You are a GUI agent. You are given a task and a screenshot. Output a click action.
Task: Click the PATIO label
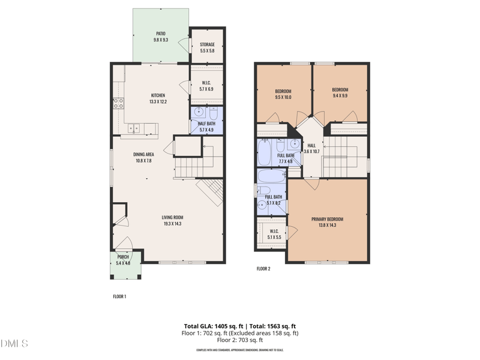click(160, 34)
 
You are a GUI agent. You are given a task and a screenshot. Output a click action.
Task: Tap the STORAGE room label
click(207, 44)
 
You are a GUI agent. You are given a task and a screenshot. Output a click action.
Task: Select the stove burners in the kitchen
click(118, 103)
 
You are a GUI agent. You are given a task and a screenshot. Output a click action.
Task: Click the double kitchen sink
click(136, 127)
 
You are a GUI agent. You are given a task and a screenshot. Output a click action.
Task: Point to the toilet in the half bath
click(214, 114)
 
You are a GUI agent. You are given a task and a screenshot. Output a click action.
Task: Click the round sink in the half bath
click(199, 113)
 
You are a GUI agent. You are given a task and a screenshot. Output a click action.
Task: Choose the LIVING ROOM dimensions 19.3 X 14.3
click(172, 224)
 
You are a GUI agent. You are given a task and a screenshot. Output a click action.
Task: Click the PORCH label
click(123, 257)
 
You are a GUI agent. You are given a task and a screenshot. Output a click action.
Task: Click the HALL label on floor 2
click(311, 145)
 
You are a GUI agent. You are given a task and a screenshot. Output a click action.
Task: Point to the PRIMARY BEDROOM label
click(327, 219)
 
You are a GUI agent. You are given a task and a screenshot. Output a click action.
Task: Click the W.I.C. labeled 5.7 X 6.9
click(206, 86)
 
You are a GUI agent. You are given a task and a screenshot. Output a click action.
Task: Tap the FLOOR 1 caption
click(119, 296)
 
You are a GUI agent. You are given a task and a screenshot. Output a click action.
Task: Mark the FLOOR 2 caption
click(263, 269)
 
